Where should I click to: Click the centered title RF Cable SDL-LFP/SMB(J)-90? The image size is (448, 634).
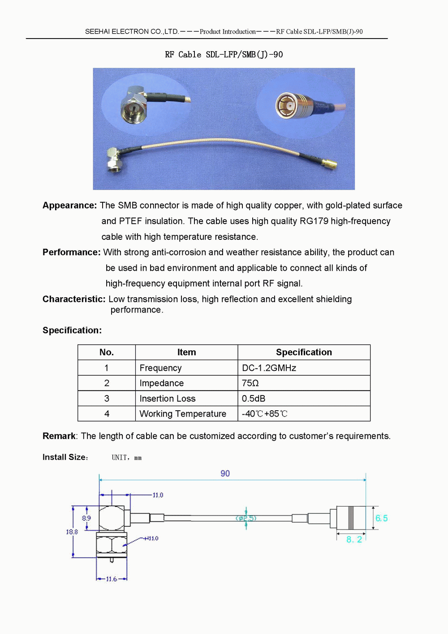click(x=224, y=55)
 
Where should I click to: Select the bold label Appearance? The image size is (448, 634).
click(x=69, y=205)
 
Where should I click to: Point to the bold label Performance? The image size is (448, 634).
click(x=71, y=252)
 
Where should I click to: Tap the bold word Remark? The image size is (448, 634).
click(x=59, y=436)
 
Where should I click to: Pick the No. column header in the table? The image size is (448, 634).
click(x=107, y=352)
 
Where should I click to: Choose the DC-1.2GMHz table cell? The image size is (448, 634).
click(x=269, y=368)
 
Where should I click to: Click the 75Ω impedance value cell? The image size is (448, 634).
click(x=250, y=383)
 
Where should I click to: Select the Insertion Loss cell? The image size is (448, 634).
click(x=168, y=399)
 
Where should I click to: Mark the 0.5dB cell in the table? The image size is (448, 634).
click(x=254, y=399)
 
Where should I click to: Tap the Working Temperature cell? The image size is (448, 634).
click(x=183, y=414)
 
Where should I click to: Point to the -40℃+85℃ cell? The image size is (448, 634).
click(x=264, y=414)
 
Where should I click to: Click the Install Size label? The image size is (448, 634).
click(x=65, y=457)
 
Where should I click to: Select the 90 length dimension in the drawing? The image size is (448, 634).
click(x=225, y=473)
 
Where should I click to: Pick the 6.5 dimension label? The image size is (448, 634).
click(x=381, y=518)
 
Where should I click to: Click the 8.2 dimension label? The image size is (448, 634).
click(x=354, y=539)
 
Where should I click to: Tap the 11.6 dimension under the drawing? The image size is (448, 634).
click(x=111, y=579)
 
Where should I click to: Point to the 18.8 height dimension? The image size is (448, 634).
click(x=72, y=532)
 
